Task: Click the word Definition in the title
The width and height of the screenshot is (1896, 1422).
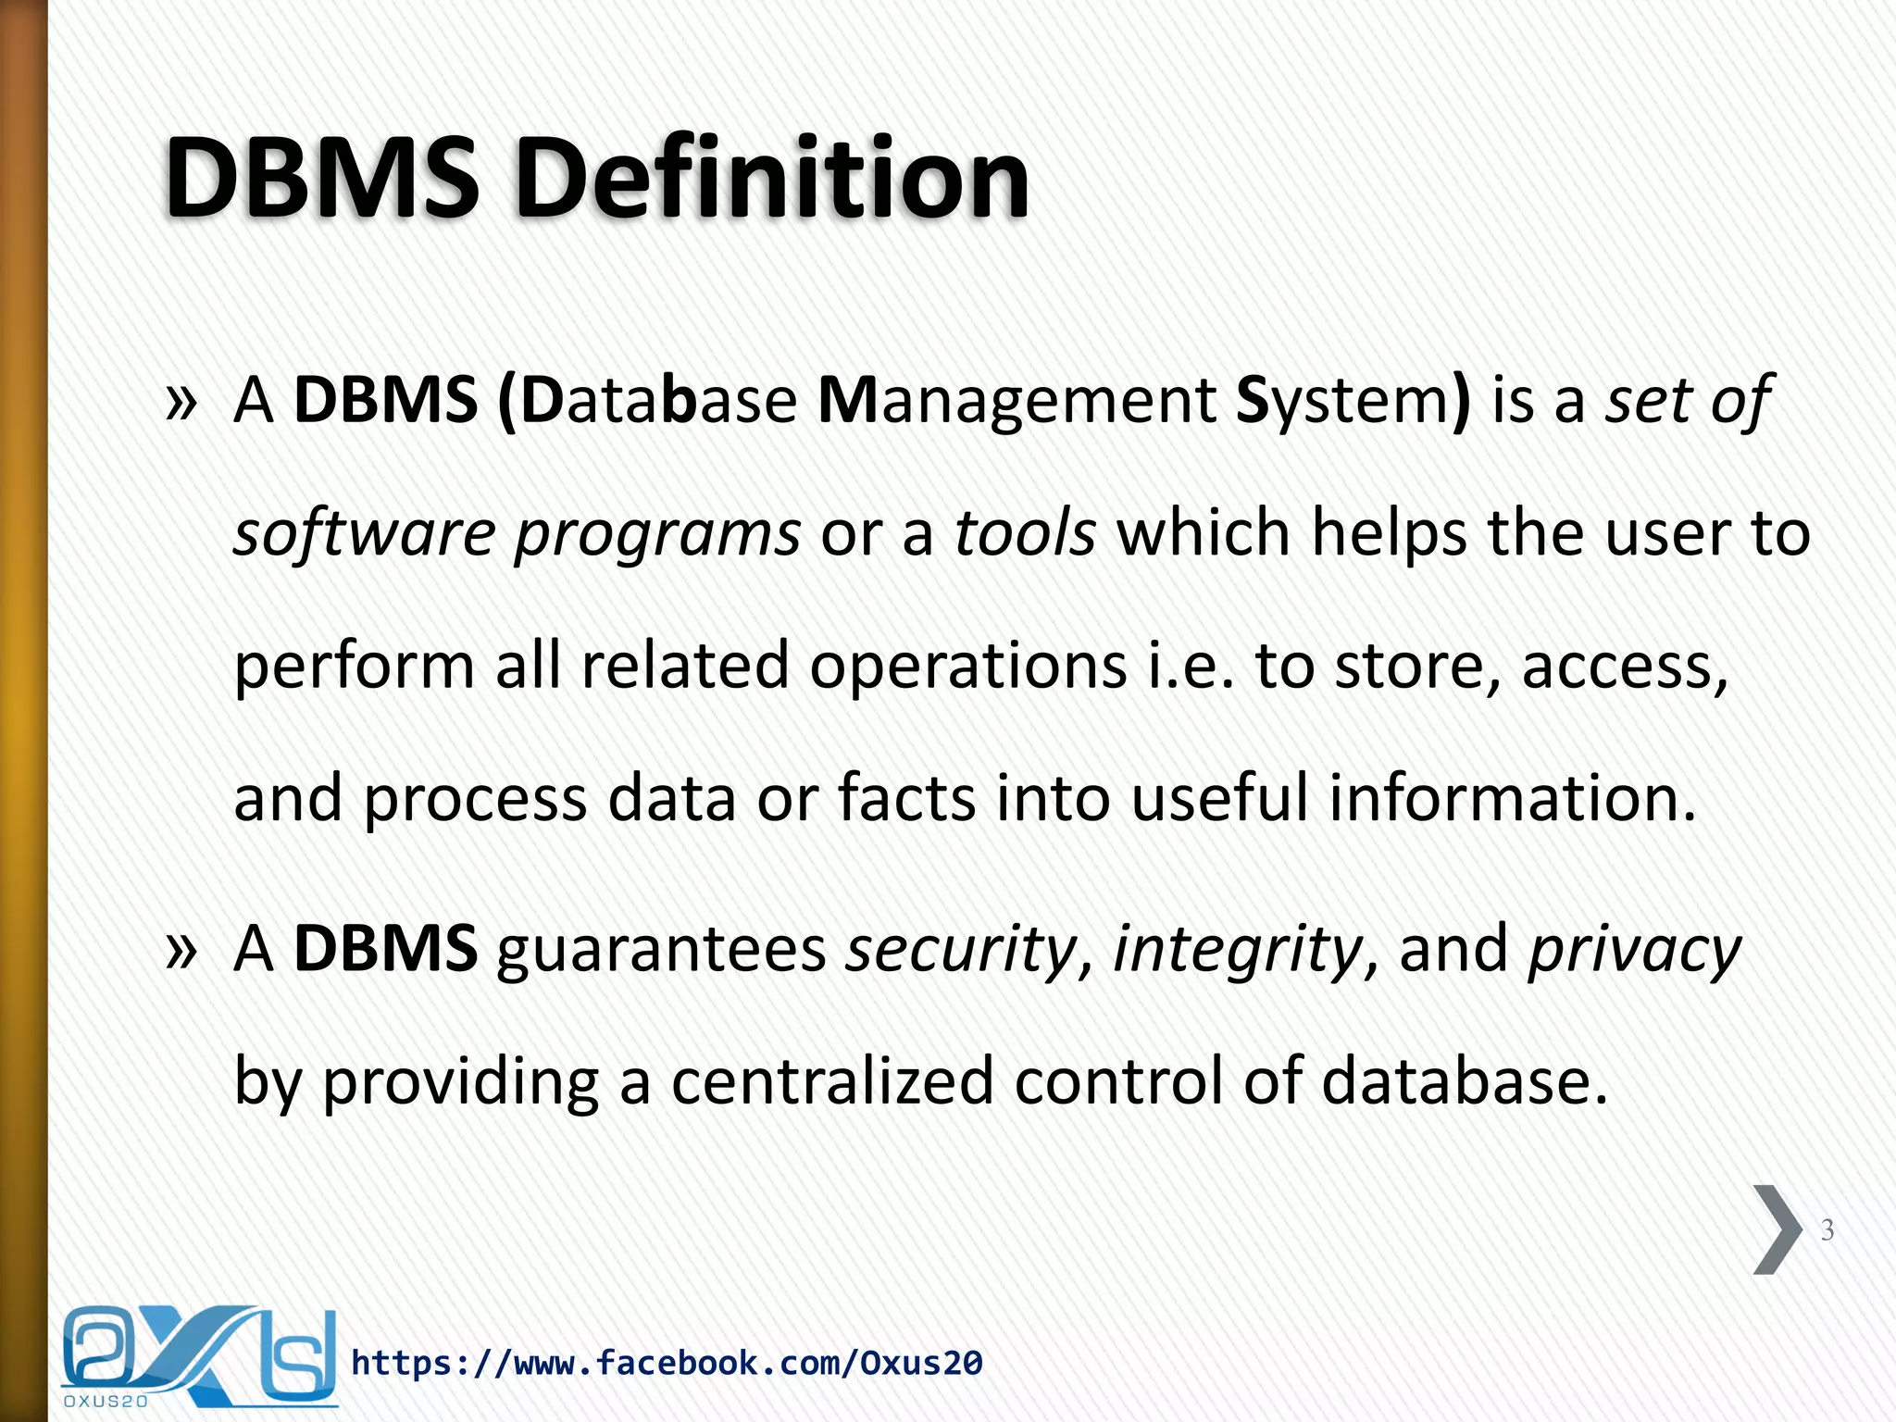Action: (771, 179)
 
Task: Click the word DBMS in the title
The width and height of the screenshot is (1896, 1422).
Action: (322, 179)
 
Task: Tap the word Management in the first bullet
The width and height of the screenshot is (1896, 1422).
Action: (1017, 401)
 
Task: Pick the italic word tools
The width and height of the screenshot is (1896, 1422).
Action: (1025, 534)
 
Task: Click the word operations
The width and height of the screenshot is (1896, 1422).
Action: (968, 667)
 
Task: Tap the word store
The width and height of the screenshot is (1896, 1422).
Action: (1417, 667)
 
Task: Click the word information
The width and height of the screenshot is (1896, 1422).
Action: (1513, 799)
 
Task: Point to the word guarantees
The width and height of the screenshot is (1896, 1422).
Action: (661, 951)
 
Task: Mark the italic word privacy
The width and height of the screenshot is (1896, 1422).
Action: (1634, 951)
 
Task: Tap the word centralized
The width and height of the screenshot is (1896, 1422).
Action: (831, 1081)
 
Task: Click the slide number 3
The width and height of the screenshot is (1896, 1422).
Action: (1827, 1230)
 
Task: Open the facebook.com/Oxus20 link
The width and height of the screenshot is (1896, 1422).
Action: (667, 1363)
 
